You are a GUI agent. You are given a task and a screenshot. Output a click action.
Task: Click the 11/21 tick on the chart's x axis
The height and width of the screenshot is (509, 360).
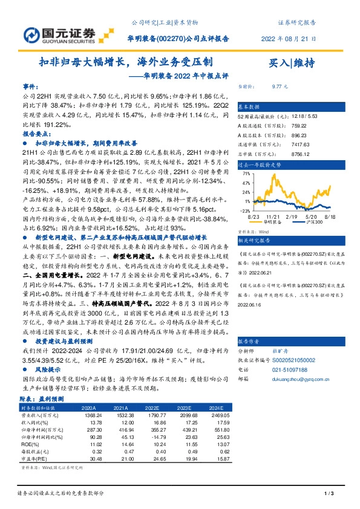(x=272, y=216)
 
